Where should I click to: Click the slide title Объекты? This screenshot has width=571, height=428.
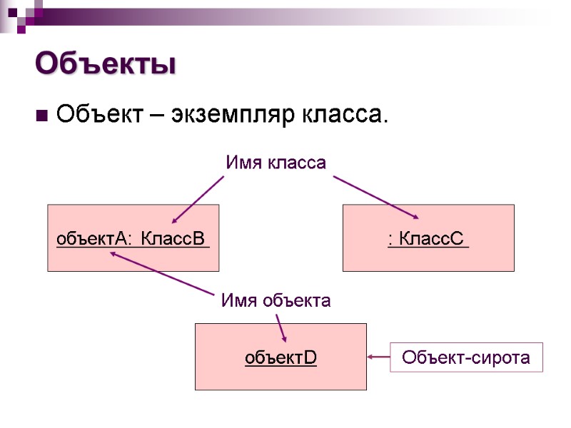pyautogui.click(x=106, y=64)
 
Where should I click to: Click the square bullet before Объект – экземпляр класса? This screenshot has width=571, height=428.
pyautogui.click(x=41, y=114)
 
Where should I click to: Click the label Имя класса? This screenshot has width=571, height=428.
pyautogui.click(x=276, y=163)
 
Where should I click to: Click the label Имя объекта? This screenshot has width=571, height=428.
pyautogui.click(x=276, y=300)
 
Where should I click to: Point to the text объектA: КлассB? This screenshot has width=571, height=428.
pyautogui.click(x=133, y=238)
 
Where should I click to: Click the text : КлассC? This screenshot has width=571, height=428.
pyautogui.click(x=428, y=238)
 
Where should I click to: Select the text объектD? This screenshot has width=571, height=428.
pyautogui.click(x=281, y=357)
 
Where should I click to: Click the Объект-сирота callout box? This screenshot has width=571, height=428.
pyautogui.click(x=466, y=357)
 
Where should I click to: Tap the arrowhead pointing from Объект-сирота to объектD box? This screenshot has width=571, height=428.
pyautogui.click(x=372, y=357)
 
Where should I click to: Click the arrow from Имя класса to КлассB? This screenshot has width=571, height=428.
pyautogui.click(x=198, y=200)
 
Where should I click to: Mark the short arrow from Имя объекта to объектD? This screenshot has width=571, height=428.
pyautogui.click(x=281, y=327)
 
